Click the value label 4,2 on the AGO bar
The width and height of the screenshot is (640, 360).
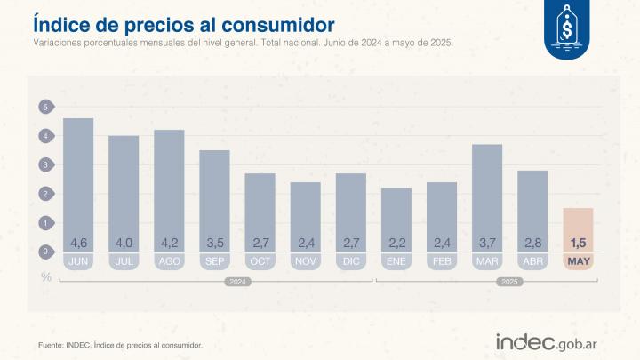[x=169, y=243]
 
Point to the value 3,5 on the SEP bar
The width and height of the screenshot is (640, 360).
[x=214, y=243]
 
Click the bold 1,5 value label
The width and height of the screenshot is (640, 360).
[x=578, y=243]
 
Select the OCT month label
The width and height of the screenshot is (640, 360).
[x=260, y=261]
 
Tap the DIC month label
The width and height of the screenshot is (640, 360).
[x=350, y=261]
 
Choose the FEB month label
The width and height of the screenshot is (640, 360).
[x=441, y=261]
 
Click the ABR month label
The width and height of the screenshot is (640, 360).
[x=532, y=261]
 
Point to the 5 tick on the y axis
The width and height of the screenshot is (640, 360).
[x=44, y=108]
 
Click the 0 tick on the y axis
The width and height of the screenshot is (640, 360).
[x=44, y=252]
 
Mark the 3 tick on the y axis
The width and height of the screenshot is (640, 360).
[x=44, y=165]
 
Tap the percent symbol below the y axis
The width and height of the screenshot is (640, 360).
[x=44, y=276]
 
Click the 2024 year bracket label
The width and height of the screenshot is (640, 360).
[x=236, y=282]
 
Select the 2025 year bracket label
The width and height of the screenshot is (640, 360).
[x=509, y=282]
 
